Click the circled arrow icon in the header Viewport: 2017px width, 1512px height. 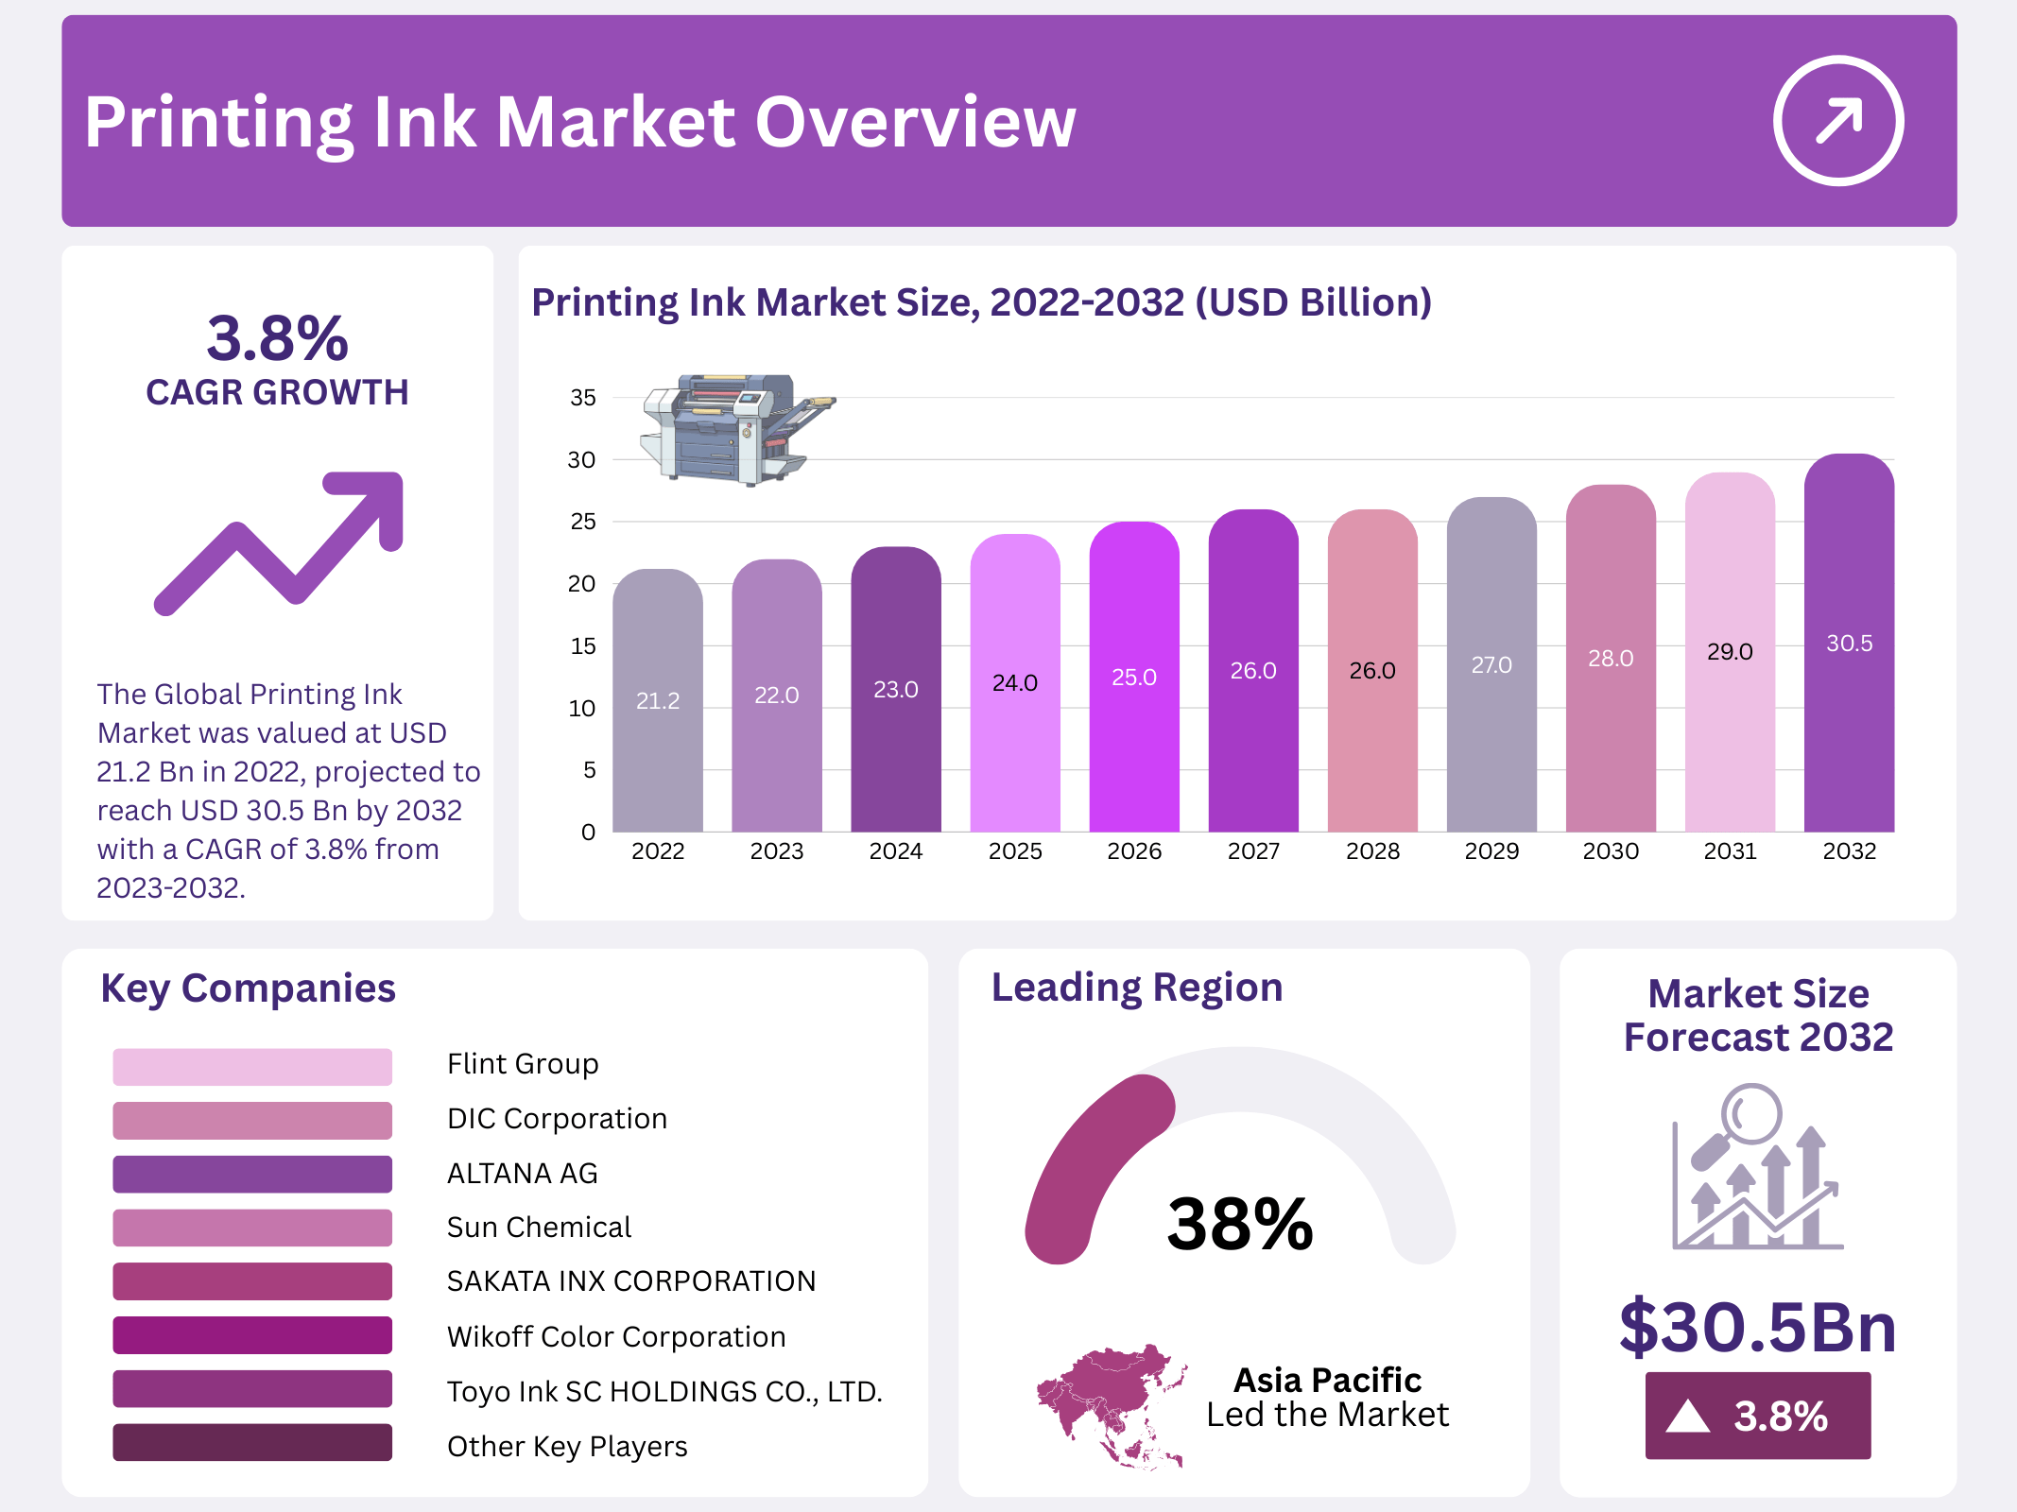click(x=1837, y=121)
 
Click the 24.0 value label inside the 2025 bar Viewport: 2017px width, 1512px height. click(x=1014, y=682)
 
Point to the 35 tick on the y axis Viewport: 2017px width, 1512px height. click(x=582, y=398)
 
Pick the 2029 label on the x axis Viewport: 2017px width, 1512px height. click(x=1491, y=851)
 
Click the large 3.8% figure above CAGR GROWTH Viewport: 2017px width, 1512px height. click(x=277, y=338)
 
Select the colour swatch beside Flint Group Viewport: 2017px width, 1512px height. click(x=251, y=1067)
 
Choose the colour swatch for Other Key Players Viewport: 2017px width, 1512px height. click(x=251, y=1443)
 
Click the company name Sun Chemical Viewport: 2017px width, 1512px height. click(x=539, y=1228)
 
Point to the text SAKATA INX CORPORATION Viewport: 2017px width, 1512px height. click(x=630, y=1281)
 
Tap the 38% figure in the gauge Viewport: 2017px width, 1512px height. click(x=1239, y=1224)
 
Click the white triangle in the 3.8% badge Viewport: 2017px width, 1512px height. click(x=1687, y=1417)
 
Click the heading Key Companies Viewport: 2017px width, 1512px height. click(x=248, y=988)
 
